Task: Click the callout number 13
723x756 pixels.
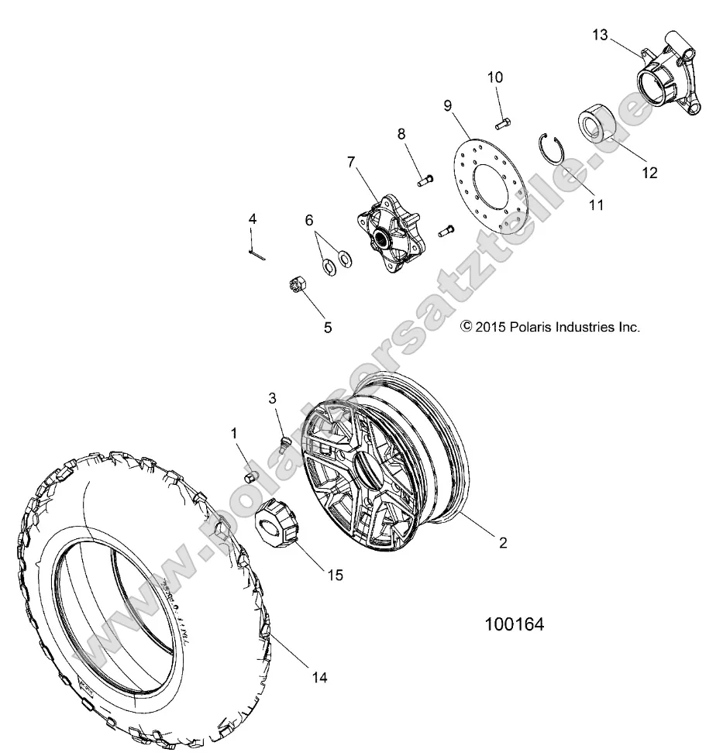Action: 600,35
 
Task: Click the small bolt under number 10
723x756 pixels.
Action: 501,120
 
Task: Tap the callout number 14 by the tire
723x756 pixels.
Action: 319,678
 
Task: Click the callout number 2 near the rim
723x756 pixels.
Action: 503,544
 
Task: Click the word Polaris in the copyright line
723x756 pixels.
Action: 541,328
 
